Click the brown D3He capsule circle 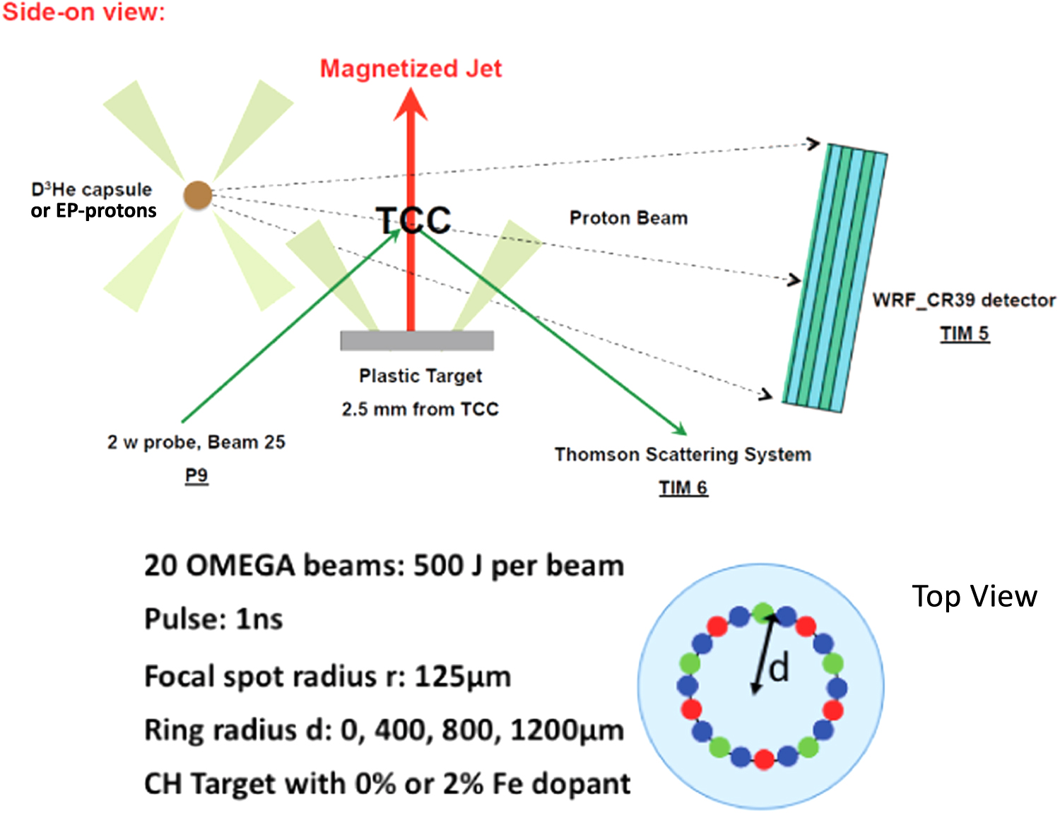coord(198,196)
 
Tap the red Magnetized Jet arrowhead coord(411,105)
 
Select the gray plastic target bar coord(417,340)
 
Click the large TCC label coord(413,220)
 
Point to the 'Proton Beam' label coord(628,218)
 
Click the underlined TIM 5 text coord(965,333)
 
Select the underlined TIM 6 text coord(683,487)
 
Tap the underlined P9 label coord(196,475)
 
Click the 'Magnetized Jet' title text coord(411,69)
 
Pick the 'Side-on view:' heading coord(83,12)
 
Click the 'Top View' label coord(974,596)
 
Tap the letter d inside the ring coord(779,667)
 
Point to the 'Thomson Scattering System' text coord(683,454)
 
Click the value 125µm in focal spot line coord(462,676)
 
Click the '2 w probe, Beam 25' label coord(196,442)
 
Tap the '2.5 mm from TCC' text coord(420,409)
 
